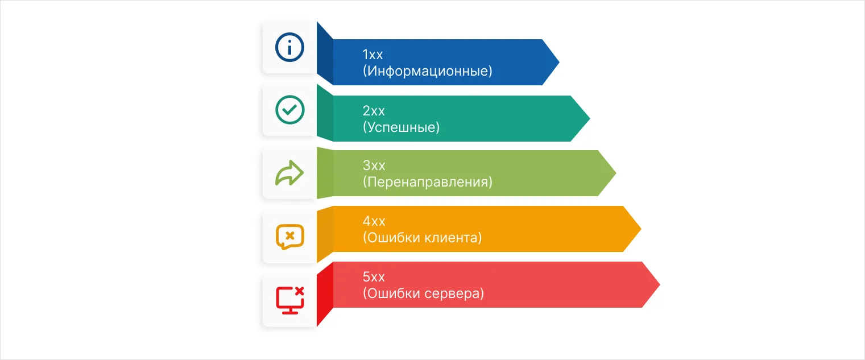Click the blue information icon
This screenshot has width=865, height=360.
point(289,47)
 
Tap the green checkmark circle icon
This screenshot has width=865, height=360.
point(289,110)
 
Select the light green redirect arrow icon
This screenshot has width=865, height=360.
point(289,173)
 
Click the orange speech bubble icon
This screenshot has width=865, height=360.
point(289,237)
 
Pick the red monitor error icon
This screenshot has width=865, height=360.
point(289,300)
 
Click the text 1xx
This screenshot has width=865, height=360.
point(373,55)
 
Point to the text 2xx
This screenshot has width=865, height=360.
point(374,110)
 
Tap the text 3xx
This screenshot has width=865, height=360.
point(374,165)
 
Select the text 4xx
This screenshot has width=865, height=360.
point(374,221)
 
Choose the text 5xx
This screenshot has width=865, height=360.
point(374,277)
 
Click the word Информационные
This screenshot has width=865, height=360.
point(427,72)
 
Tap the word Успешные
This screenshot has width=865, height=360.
point(401,127)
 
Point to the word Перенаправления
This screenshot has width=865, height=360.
point(427,182)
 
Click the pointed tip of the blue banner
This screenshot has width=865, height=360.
point(558,62)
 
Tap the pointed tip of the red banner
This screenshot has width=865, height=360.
point(659,284)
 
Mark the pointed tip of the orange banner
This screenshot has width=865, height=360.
point(640,229)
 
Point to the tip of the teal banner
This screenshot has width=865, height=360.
point(589,118)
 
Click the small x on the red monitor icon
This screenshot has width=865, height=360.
point(300,291)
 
